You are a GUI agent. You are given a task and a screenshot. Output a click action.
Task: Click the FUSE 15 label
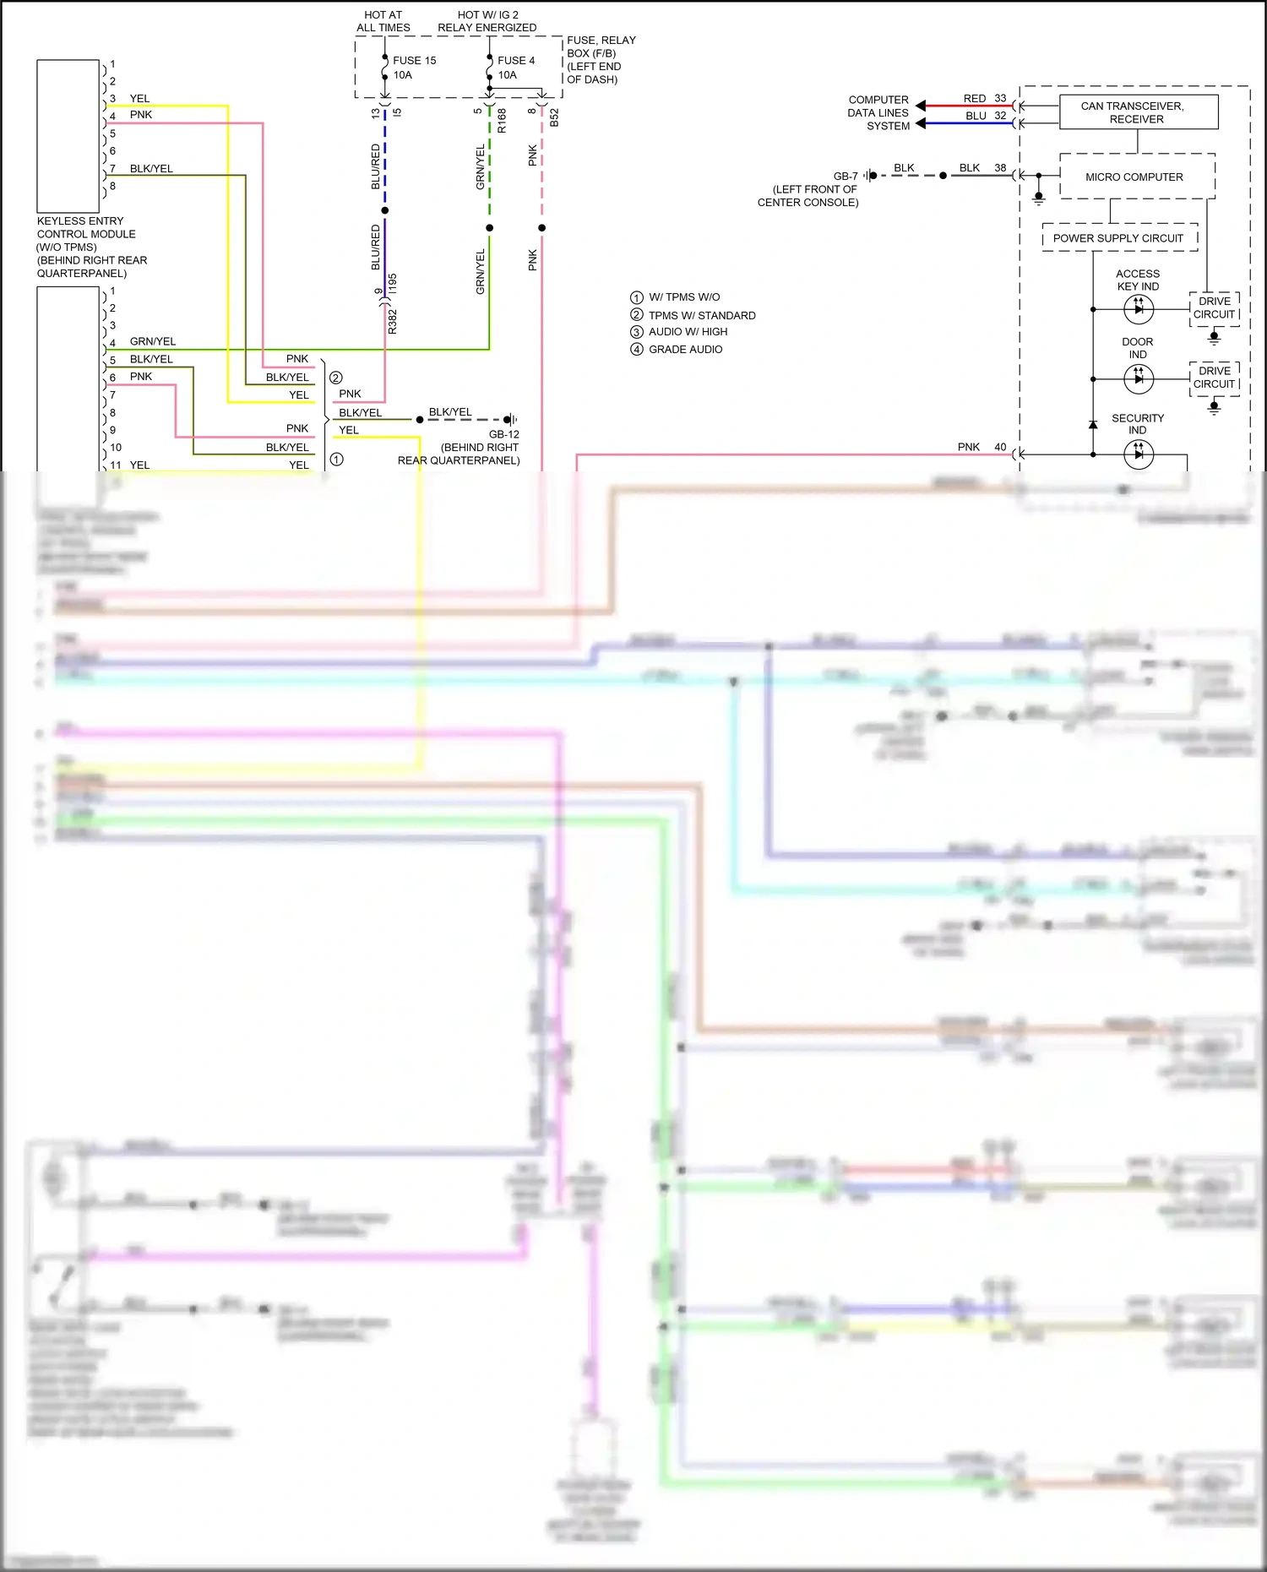pyautogui.click(x=414, y=61)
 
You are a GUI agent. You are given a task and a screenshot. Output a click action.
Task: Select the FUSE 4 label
pyautogui.click(x=515, y=61)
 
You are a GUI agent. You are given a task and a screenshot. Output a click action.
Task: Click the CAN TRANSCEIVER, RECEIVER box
pyautogui.click(x=1137, y=112)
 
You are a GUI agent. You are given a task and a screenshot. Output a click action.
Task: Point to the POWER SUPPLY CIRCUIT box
pyautogui.click(x=1117, y=238)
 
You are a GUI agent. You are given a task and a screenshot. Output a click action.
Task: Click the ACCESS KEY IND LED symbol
pyautogui.click(x=1139, y=309)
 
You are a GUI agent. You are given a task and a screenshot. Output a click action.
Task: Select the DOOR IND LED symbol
pyautogui.click(x=1139, y=378)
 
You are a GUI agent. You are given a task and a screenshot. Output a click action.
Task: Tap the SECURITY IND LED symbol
pyautogui.click(x=1139, y=454)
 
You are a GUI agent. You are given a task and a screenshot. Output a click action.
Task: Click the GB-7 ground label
pyautogui.click(x=846, y=177)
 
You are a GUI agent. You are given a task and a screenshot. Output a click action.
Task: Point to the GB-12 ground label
pyautogui.click(x=504, y=434)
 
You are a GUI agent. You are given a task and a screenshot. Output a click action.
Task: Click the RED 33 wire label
pyautogui.click(x=984, y=99)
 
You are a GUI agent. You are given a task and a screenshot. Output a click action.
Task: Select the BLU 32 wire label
pyautogui.click(x=985, y=116)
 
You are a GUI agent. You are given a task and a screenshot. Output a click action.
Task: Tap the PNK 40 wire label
pyautogui.click(x=981, y=447)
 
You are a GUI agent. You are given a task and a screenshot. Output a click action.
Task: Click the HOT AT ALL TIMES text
pyautogui.click(x=383, y=21)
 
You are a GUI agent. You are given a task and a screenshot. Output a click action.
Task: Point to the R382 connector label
pyautogui.click(x=393, y=321)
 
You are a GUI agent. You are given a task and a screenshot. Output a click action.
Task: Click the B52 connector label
pyautogui.click(x=555, y=117)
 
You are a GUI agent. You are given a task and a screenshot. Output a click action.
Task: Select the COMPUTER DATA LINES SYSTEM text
pyautogui.click(x=878, y=112)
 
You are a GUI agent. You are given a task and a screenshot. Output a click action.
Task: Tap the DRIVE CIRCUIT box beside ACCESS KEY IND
pyautogui.click(x=1214, y=308)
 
